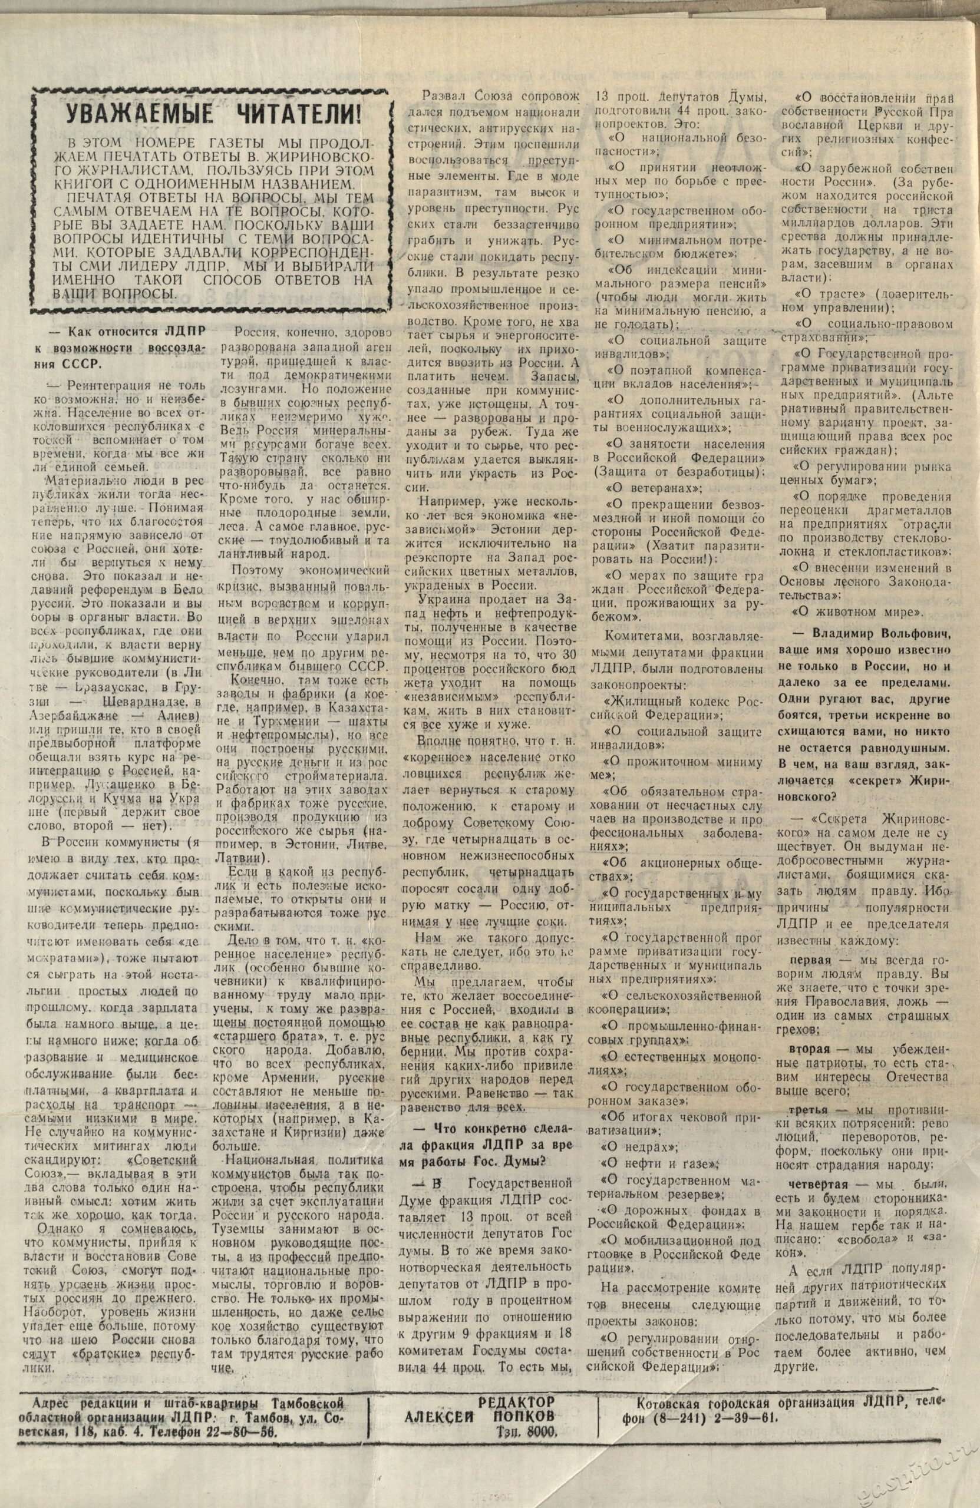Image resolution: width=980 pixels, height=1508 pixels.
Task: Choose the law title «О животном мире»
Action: pos(860,612)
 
